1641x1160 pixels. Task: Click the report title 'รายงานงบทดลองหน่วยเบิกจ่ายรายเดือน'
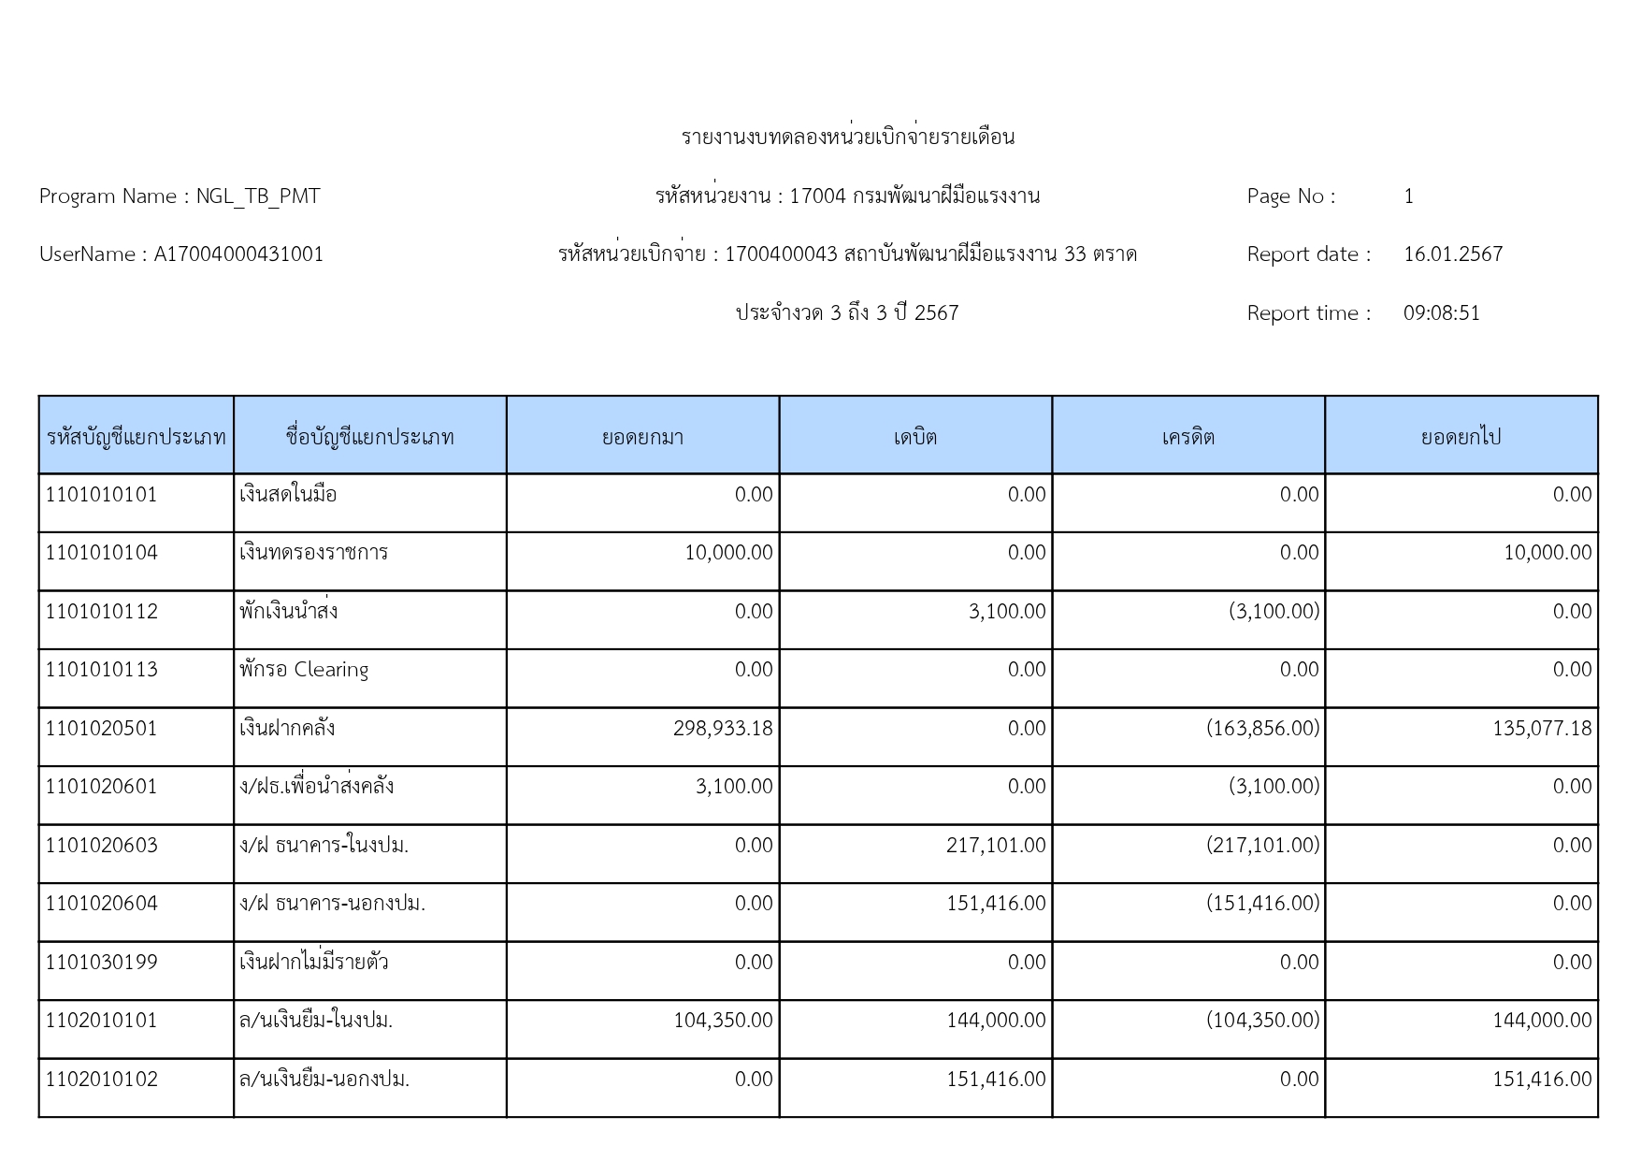tap(847, 138)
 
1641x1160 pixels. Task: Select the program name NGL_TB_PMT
tap(257, 196)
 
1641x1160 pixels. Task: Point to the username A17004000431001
tap(238, 254)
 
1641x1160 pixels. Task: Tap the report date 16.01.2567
tap(1452, 254)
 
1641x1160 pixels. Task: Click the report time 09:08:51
tap(1441, 313)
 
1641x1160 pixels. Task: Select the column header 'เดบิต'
tap(914, 437)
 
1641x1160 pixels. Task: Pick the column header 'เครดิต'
tap(1188, 437)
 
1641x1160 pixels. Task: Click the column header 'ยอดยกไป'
tap(1461, 437)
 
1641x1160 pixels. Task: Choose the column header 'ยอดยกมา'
tap(642, 437)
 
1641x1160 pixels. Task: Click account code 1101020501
tap(102, 729)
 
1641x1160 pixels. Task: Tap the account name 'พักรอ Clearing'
tap(304, 670)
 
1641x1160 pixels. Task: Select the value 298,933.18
tap(723, 729)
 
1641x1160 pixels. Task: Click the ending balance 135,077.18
tap(1541, 729)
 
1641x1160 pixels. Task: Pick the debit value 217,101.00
tap(995, 846)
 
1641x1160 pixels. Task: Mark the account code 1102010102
tap(102, 1080)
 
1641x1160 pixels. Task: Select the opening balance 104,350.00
tap(723, 1021)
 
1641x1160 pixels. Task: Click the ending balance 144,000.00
tap(1541, 1021)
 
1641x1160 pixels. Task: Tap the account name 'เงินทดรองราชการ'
tap(313, 553)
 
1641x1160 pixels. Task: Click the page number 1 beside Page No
tap(1408, 196)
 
